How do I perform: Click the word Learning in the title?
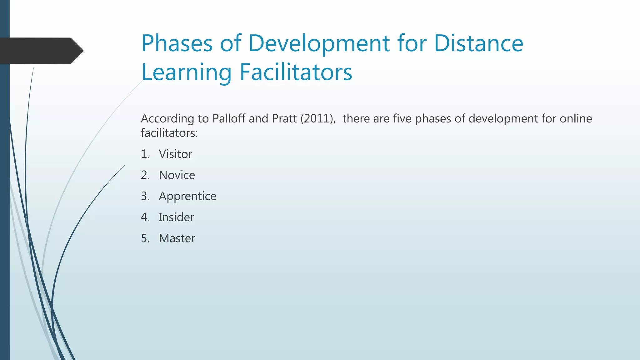tap(186, 72)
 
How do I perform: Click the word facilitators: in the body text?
tap(169, 133)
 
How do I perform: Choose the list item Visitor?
tap(175, 154)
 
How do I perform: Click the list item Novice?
tap(177, 175)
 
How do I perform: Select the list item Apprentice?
tap(187, 196)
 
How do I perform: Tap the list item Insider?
tap(176, 217)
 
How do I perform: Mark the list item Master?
tap(177, 238)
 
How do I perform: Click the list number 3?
tap(145, 196)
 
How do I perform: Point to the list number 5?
tap(145, 238)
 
